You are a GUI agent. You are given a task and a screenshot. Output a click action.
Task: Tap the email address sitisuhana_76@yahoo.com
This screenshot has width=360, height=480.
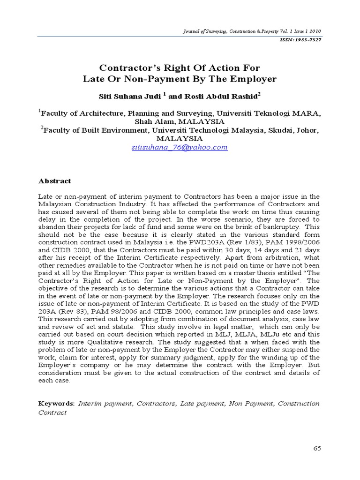coord(180,147)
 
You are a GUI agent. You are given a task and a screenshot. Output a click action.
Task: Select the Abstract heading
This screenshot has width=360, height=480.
coord(54,181)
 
